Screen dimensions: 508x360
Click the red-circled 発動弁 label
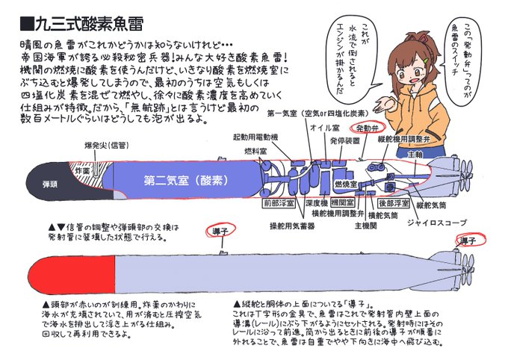tap(368, 128)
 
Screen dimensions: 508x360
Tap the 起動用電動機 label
tap(256, 137)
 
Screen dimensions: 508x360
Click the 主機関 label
tap(369, 223)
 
